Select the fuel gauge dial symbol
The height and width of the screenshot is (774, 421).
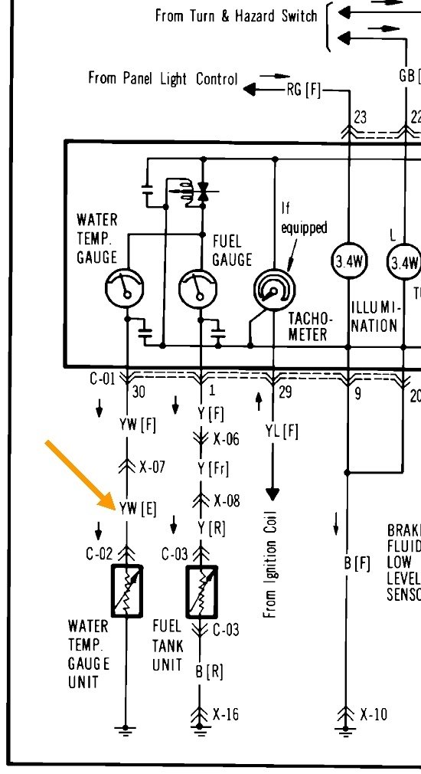(198, 288)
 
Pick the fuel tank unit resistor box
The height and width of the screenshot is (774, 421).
(202, 591)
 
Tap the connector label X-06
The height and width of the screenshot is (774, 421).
(226, 440)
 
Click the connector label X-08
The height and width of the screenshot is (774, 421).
(226, 500)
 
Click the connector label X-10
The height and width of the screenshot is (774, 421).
(373, 714)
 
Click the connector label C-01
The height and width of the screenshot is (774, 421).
(101, 378)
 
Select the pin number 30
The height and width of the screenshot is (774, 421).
(138, 392)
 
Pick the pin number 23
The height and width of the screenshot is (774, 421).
(360, 116)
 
